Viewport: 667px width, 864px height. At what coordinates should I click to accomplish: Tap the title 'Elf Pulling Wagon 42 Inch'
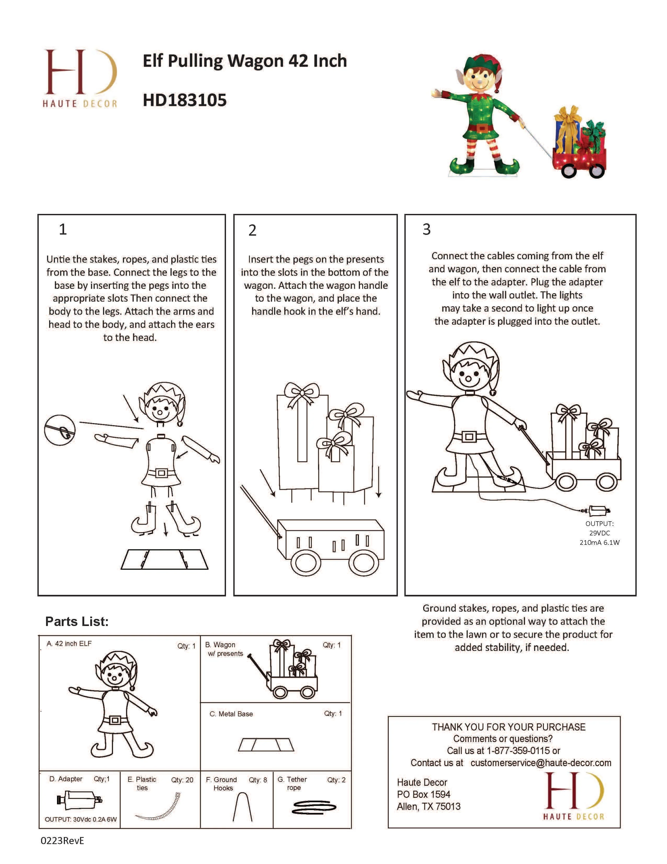pyautogui.click(x=245, y=61)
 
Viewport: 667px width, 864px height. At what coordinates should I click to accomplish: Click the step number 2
pyautogui.click(x=252, y=230)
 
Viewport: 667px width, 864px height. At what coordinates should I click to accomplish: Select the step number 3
pyautogui.click(x=426, y=229)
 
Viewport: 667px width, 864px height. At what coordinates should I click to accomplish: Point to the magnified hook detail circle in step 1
pyautogui.click(x=60, y=430)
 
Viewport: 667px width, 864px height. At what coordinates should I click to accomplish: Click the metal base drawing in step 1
pyautogui.click(x=164, y=560)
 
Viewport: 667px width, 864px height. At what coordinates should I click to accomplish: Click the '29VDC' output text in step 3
pyautogui.click(x=600, y=533)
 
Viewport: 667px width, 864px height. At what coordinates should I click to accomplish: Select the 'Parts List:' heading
pyautogui.click(x=77, y=622)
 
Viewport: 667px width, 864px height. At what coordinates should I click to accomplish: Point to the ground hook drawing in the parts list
pyautogui.click(x=243, y=807)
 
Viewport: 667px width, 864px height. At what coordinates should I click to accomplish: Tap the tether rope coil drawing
pyautogui.click(x=314, y=807)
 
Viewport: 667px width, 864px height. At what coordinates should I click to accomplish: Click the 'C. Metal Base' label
pyautogui.click(x=231, y=714)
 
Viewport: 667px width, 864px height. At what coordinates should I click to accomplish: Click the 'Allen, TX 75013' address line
pyautogui.click(x=429, y=807)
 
